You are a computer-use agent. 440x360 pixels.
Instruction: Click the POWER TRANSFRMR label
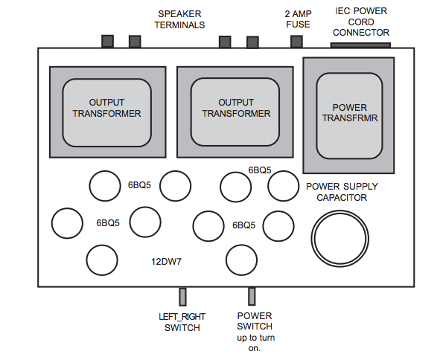tap(350, 113)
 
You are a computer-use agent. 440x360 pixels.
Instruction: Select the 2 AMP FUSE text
tap(298, 19)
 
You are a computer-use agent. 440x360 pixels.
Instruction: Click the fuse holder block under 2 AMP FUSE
tap(296, 42)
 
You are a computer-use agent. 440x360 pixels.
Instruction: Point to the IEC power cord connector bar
tap(360, 45)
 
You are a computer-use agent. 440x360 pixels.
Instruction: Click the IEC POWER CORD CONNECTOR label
tap(361, 22)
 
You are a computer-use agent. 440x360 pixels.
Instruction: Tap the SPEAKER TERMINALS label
tap(179, 19)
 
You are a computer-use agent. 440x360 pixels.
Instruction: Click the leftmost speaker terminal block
tap(107, 42)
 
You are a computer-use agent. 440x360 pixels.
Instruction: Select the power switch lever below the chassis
tap(252, 296)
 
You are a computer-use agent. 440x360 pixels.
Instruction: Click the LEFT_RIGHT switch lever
tap(182, 297)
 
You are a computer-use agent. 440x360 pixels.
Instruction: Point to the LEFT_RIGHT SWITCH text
tap(182, 322)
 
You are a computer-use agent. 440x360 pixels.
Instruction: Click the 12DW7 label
tap(167, 262)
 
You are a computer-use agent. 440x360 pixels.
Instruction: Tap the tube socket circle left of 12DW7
tap(102, 260)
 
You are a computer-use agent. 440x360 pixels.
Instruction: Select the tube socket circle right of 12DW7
tap(241, 260)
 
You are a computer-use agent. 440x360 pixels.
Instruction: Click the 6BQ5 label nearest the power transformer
tap(260, 170)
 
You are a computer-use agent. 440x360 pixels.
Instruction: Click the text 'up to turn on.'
tap(255, 343)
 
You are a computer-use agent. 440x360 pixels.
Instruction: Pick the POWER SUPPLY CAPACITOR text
tap(342, 192)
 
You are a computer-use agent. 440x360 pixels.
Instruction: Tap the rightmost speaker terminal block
tap(253, 42)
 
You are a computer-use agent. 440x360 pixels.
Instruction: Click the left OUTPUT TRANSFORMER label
tap(106, 108)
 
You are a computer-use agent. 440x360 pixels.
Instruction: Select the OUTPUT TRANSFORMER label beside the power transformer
tap(236, 108)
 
